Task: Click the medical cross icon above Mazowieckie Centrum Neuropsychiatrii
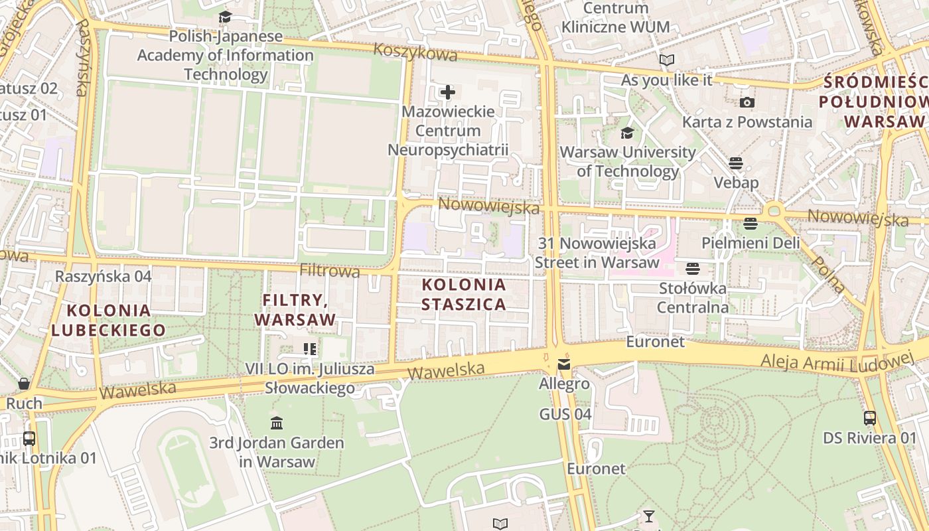(x=448, y=92)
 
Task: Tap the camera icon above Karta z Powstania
(x=747, y=102)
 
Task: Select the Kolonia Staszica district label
(x=464, y=295)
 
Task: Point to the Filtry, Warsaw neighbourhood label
(x=295, y=309)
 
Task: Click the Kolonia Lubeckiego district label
(x=109, y=320)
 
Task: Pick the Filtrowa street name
(x=330, y=271)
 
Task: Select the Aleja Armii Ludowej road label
(x=837, y=360)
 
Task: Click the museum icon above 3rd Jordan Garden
(x=277, y=423)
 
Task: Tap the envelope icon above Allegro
(x=564, y=364)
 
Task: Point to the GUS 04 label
(x=565, y=414)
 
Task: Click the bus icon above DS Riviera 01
(x=869, y=418)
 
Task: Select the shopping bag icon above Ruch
(x=24, y=384)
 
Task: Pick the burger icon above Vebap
(x=736, y=163)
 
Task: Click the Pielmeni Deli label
(x=750, y=243)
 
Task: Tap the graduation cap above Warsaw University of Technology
(x=627, y=133)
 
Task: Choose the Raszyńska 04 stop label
(x=104, y=276)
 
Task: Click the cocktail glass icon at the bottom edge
(x=648, y=516)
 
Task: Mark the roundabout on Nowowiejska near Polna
(x=773, y=212)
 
